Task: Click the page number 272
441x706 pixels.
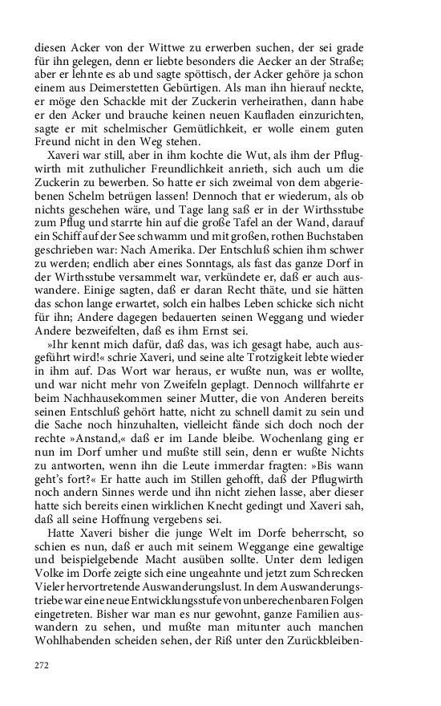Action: [x=42, y=665]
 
